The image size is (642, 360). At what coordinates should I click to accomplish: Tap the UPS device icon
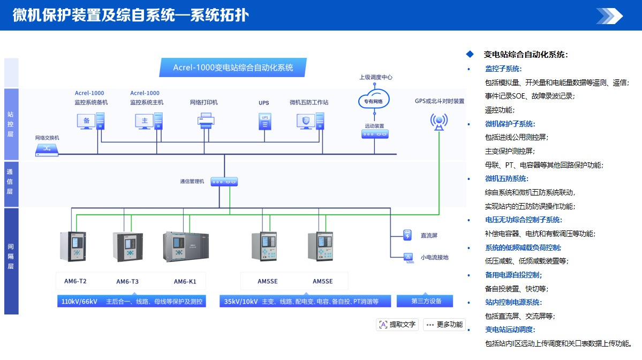pos(264,121)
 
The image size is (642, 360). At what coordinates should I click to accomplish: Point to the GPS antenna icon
pos(440,122)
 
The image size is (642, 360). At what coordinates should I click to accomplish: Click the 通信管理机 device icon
pos(224,182)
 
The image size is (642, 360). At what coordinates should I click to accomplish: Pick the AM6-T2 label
pos(75,281)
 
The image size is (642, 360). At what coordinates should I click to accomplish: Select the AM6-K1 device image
pos(187,247)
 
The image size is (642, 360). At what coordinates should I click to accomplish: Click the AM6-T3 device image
pos(127,246)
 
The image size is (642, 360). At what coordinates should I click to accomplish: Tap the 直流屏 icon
pos(407,235)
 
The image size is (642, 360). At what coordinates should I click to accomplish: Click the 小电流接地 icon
pos(407,257)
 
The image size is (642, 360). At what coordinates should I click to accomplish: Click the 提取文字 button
pos(398,324)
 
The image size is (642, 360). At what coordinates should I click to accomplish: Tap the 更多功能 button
pos(444,324)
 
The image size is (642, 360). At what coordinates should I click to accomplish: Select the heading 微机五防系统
pos(506,178)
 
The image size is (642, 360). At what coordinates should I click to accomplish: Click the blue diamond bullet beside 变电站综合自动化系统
pos(470,54)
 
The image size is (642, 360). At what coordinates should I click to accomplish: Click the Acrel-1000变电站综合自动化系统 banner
pos(233,68)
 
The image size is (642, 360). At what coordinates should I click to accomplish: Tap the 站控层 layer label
pos(11,124)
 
